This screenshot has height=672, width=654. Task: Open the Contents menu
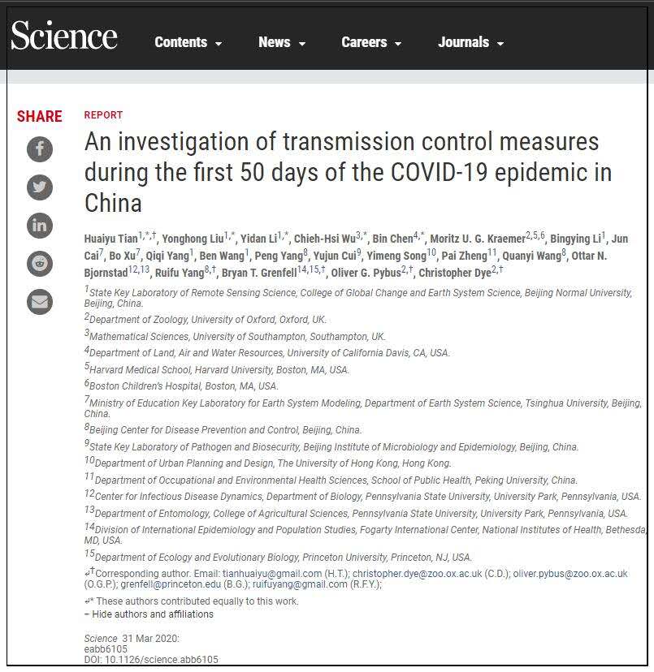pos(188,42)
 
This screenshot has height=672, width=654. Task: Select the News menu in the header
pos(281,42)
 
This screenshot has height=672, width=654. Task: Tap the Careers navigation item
pos(371,42)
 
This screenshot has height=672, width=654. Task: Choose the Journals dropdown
pos(470,42)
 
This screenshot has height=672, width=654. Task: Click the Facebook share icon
pos(40,149)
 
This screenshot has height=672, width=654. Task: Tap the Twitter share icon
pos(40,187)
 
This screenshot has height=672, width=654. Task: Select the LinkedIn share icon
pos(40,226)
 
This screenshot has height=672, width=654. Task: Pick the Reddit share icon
pos(40,264)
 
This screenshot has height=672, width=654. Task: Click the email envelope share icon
pos(40,302)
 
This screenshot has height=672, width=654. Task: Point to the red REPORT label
pos(103,115)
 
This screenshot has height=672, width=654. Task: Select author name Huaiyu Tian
pos(111,239)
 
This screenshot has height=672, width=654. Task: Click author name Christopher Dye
pos(454,273)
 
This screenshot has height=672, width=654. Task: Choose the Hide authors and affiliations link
pos(152,614)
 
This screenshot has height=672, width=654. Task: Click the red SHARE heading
pos(40,116)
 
